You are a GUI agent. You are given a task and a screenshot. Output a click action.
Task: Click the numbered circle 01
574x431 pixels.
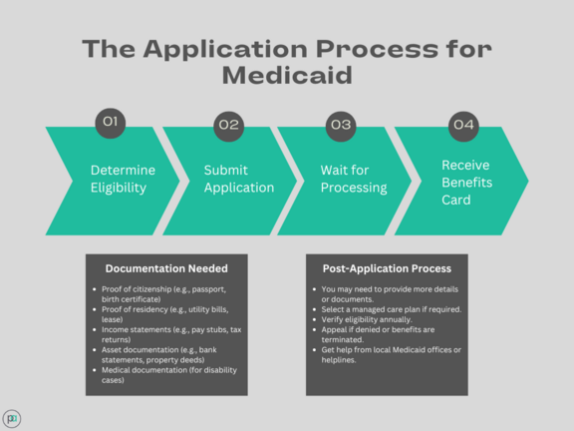pyautogui.click(x=111, y=123)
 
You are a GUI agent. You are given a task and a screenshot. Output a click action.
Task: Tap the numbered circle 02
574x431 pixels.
pyautogui.click(x=229, y=127)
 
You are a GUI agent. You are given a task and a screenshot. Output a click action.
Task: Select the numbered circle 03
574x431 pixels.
pyautogui.click(x=341, y=127)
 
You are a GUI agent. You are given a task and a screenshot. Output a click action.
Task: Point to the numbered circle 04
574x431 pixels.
pyautogui.click(x=463, y=127)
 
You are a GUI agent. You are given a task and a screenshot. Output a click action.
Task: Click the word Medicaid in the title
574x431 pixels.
pyautogui.click(x=287, y=76)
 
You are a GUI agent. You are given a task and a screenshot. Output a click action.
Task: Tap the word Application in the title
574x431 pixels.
pyautogui.click(x=225, y=50)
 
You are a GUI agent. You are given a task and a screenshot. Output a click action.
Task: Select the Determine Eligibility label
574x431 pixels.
pyautogui.click(x=123, y=179)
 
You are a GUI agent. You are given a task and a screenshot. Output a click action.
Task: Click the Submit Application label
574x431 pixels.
pyautogui.click(x=239, y=179)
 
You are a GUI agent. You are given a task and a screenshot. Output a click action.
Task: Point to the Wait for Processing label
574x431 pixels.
pyautogui.click(x=354, y=179)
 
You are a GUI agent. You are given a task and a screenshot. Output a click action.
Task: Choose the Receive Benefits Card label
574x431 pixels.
pyautogui.click(x=466, y=183)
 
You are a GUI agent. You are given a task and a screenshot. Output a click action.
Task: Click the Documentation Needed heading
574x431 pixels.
pyautogui.click(x=166, y=268)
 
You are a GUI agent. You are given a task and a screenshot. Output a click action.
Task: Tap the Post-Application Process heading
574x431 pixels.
pyautogui.click(x=387, y=268)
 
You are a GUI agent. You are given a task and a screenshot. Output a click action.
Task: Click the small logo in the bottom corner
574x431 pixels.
pyautogui.click(x=12, y=419)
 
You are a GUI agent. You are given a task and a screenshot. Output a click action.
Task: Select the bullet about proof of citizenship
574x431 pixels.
pyautogui.click(x=163, y=294)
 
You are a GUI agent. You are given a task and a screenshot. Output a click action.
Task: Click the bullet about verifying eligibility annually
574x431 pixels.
pyautogui.click(x=367, y=319)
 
